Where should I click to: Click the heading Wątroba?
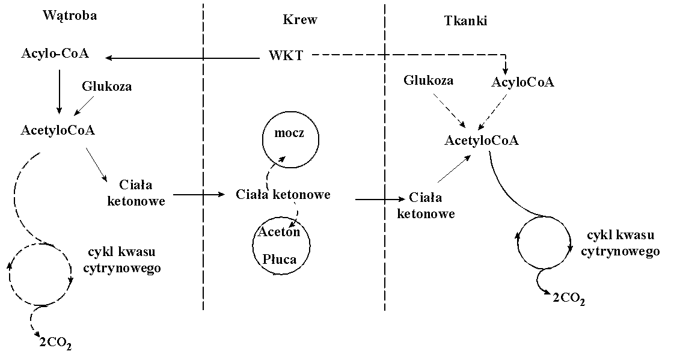(x=70, y=16)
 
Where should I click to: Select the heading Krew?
(x=300, y=20)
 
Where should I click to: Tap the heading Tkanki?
(x=465, y=21)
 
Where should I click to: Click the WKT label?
(x=286, y=56)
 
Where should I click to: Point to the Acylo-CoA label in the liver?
(x=55, y=53)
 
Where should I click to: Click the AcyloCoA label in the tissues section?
(x=522, y=82)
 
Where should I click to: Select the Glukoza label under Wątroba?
(x=106, y=86)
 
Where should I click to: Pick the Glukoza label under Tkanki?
(x=429, y=80)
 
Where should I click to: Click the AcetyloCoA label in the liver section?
(x=58, y=130)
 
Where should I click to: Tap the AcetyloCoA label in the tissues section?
(x=482, y=141)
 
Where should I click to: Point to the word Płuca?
(x=280, y=259)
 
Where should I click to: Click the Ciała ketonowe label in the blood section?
(x=283, y=195)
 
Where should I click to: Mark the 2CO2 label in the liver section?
(x=55, y=344)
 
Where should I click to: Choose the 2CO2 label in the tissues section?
(x=568, y=298)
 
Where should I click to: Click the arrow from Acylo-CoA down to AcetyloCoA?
(x=59, y=90)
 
